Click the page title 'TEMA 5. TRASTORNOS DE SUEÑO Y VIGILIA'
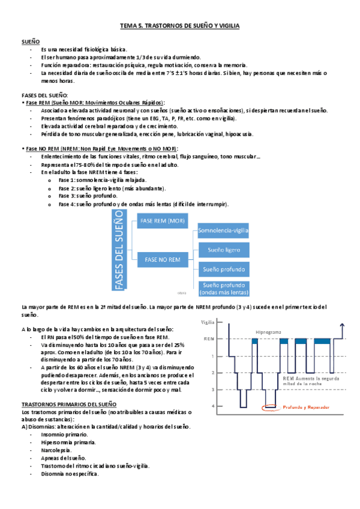tap(180, 27)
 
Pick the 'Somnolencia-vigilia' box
tap(224, 230)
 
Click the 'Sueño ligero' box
tap(224, 249)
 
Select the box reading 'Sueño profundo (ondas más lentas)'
tap(224, 288)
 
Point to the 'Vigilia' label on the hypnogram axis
tap(208, 322)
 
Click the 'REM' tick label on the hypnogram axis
tap(208, 339)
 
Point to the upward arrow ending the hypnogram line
tap(341, 325)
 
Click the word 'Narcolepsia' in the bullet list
tap(57, 450)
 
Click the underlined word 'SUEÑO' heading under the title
tap(31, 41)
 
